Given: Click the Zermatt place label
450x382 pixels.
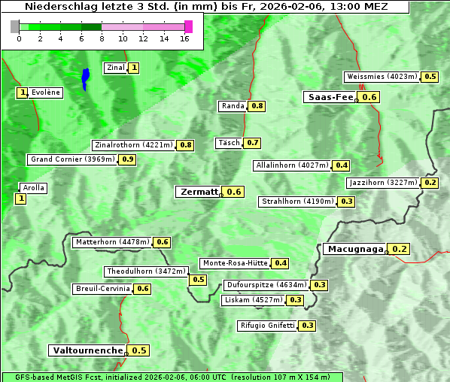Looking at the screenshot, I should (x=199, y=192).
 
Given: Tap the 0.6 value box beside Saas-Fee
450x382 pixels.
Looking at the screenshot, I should (x=369, y=97).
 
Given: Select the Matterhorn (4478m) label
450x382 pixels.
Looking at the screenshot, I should (x=112, y=242).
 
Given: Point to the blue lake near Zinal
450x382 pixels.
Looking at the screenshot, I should (x=85, y=77).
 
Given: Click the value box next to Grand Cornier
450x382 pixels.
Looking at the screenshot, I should (x=127, y=159).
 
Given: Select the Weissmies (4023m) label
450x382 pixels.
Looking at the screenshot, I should (x=382, y=77).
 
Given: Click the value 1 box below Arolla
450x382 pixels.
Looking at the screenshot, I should (x=20, y=199).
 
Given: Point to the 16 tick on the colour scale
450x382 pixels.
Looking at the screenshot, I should (x=184, y=38).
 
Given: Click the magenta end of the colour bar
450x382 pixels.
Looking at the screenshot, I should (x=188, y=26).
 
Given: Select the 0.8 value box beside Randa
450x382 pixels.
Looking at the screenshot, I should (x=257, y=106).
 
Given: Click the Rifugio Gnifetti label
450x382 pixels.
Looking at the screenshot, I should (x=267, y=326).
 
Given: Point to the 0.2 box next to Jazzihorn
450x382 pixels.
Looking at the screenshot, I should (x=430, y=183).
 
